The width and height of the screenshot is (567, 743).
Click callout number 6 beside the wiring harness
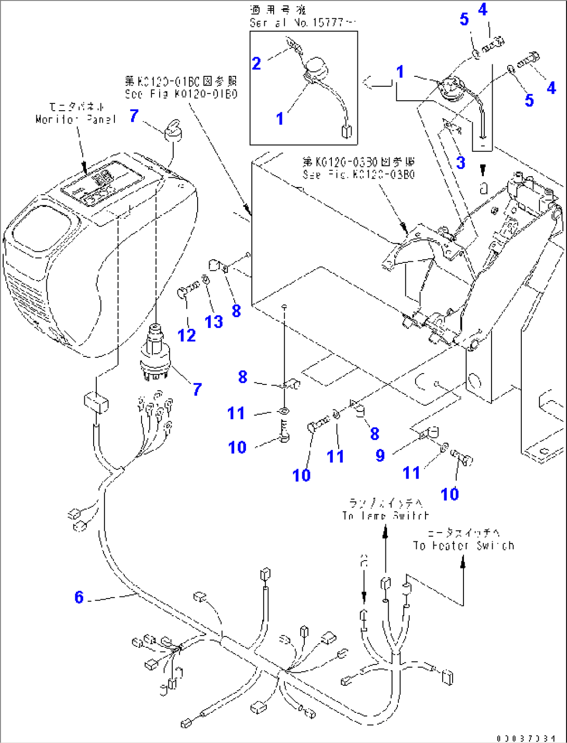79,597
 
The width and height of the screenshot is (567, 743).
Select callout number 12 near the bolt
187,335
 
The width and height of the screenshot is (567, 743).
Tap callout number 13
214,322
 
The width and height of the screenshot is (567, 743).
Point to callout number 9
380,456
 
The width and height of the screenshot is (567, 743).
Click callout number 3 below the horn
461,162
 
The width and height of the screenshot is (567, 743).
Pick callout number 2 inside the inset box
256,63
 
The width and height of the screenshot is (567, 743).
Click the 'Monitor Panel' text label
76,119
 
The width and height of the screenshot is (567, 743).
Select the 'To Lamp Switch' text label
385,515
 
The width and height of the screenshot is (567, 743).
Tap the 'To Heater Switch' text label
463,546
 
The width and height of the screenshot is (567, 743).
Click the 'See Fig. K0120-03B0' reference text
359,175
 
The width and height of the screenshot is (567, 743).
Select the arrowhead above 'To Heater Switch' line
463,561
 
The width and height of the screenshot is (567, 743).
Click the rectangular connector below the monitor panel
96,402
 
